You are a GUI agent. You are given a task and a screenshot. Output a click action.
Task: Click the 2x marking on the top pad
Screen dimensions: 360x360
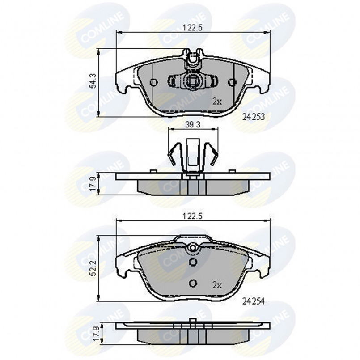point(217,102)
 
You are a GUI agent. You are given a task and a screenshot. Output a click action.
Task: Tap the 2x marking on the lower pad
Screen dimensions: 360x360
point(217,284)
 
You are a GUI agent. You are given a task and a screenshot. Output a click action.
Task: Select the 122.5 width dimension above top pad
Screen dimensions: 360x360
point(193,27)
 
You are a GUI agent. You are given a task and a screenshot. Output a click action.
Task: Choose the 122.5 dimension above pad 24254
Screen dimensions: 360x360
point(193,216)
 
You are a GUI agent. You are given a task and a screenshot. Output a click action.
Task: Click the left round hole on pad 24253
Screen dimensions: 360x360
point(153,82)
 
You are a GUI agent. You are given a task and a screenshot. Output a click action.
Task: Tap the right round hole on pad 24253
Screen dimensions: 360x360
point(231,82)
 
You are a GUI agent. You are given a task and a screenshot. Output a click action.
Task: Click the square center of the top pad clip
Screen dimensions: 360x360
point(193,82)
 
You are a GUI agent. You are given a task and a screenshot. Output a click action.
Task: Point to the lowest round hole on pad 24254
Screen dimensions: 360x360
point(193,283)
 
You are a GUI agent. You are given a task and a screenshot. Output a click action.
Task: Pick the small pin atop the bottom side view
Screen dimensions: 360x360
point(193,322)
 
